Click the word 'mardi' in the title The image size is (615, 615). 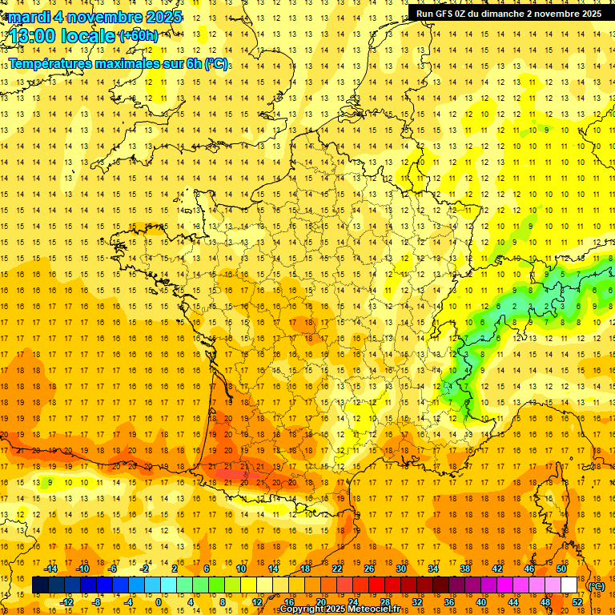[32, 17]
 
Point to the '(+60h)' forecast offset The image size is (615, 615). [139, 35]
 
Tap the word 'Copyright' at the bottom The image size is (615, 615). [303, 609]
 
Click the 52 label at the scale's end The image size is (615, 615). [577, 602]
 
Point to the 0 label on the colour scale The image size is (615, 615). [159, 602]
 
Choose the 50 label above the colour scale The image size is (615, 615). [561, 569]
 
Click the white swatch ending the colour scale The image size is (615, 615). [569, 585]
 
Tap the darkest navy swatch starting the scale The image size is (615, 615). [40, 585]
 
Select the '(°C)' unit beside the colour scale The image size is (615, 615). [596, 586]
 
